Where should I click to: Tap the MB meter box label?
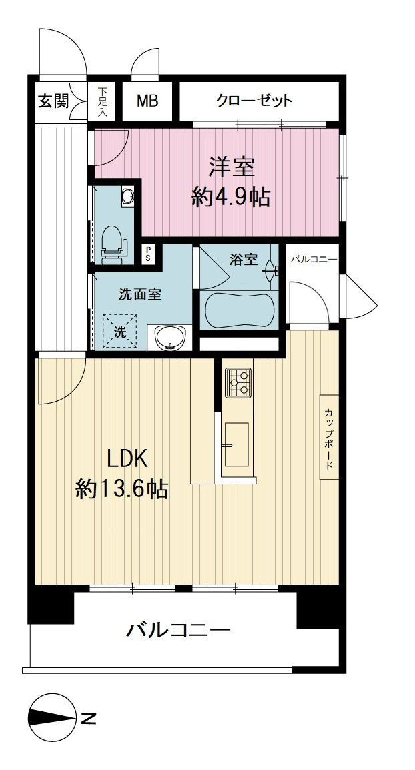147,101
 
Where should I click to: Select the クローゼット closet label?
254,101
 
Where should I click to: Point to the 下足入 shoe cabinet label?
103,101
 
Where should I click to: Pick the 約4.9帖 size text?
231,198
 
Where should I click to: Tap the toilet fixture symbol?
113,241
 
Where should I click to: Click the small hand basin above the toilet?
129,196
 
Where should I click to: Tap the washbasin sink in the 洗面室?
170,338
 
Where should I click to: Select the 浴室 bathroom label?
243,260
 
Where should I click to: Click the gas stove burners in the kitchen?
238,382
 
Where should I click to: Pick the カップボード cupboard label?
329,436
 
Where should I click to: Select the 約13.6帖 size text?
122,489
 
